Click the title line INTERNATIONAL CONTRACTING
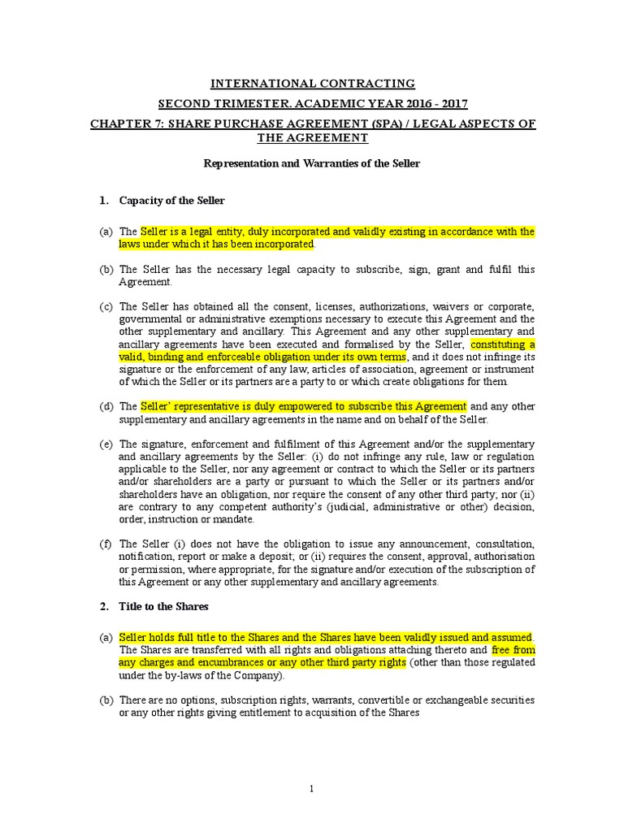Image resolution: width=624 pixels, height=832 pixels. pyautogui.click(x=313, y=84)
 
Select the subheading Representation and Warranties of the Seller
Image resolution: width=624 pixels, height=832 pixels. pyautogui.click(x=311, y=163)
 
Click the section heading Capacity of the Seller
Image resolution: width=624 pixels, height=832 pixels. pyautogui.click(x=171, y=200)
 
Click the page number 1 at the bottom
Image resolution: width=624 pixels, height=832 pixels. pyautogui.click(x=312, y=788)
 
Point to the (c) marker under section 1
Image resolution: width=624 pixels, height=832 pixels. pyautogui.click(x=106, y=306)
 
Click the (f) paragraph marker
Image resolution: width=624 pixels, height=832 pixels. pyautogui.click(x=106, y=544)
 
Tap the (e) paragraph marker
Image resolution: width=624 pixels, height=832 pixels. pyautogui.click(x=106, y=444)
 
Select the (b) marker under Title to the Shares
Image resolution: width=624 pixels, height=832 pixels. pyautogui.click(x=106, y=700)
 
